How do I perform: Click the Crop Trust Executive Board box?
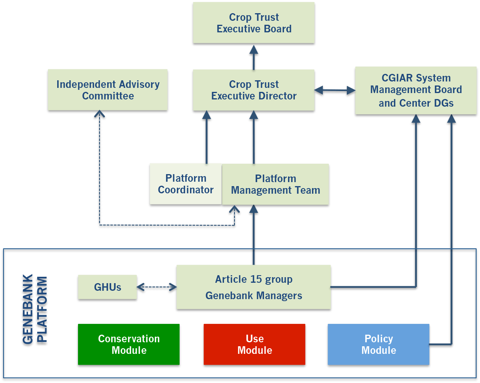[x=254, y=23]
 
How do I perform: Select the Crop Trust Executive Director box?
[x=254, y=90]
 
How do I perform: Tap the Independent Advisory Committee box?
[x=108, y=90]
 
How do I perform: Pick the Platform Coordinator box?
[x=186, y=184]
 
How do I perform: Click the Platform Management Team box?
[x=276, y=184]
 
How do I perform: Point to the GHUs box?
[x=107, y=287]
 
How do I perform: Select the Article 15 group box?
[x=254, y=280]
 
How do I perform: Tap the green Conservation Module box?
[x=129, y=345]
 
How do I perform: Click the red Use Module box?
[x=254, y=345]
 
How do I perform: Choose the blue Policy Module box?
[x=378, y=345]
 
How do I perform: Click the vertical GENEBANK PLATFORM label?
[x=34, y=310]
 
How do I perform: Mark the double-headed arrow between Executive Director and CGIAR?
[x=334, y=91]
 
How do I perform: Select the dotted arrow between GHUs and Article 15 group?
[x=156, y=287]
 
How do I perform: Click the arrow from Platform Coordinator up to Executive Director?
[x=206, y=138]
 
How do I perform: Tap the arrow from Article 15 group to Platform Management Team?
[x=253, y=236]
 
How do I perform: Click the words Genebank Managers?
[x=254, y=296]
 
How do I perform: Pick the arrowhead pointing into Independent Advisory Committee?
[x=99, y=114]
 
